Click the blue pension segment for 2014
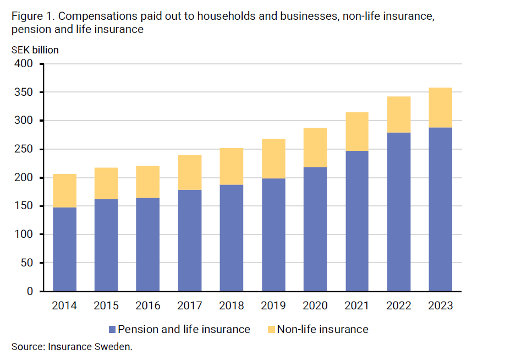click(64, 249)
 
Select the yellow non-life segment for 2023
click(440, 107)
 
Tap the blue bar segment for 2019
click(273, 234)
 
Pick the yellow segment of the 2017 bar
click(190, 172)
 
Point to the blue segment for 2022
click(399, 211)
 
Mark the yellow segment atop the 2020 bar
click(315, 148)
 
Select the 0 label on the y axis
click(30, 291)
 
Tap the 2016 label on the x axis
click(148, 306)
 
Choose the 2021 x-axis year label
click(357, 306)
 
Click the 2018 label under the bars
click(232, 306)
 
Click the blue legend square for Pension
click(112, 330)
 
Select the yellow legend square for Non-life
click(271, 330)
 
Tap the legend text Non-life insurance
click(322, 330)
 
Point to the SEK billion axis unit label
click(35, 50)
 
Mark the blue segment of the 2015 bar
click(106, 245)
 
